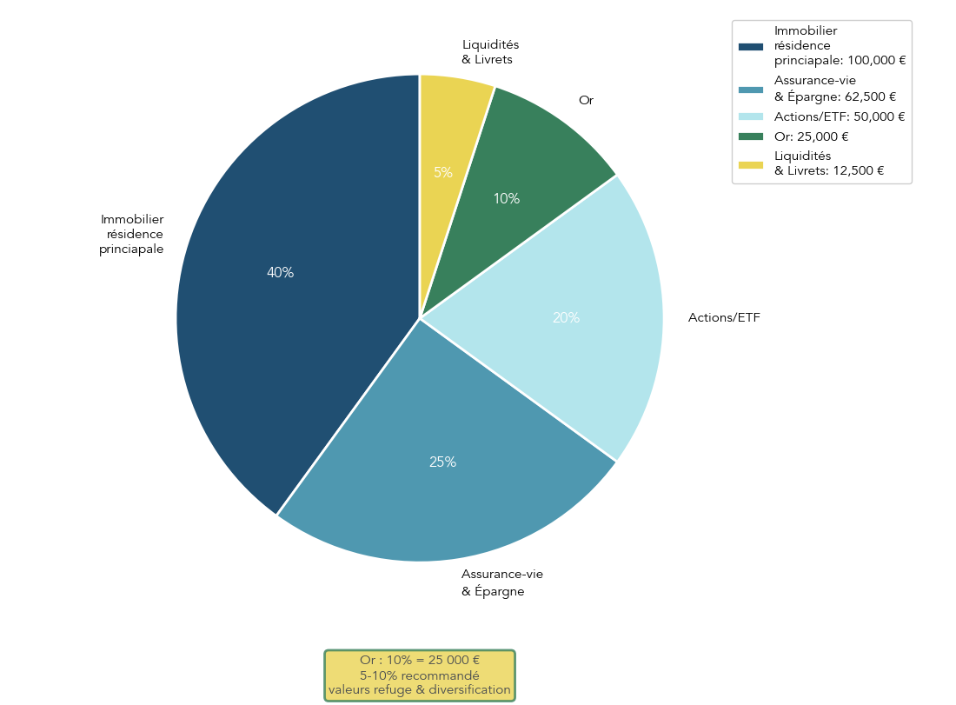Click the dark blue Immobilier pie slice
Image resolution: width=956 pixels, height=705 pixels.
pos(261,330)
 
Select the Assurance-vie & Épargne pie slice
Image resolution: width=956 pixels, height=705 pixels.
pos(435,487)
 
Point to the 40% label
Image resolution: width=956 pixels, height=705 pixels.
pos(280,273)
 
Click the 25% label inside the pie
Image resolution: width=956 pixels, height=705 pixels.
pos(442,462)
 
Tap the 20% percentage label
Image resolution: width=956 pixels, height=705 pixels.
pos(566,318)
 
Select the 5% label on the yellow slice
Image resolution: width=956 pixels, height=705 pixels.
pos(443,173)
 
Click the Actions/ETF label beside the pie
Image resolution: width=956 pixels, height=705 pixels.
pos(724,318)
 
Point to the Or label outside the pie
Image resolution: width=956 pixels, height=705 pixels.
pos(586,101)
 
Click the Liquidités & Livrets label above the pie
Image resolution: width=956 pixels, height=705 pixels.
pos(490,52)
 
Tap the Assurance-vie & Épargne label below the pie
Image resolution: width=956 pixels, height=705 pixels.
pos(501,582)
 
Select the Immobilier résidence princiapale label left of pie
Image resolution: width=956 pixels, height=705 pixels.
pos(131,235)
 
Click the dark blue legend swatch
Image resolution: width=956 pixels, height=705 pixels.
pos(750,46)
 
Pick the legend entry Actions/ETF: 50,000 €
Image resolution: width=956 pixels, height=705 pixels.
pos(840,117)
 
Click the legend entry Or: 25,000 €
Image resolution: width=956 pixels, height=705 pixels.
pos(811,136)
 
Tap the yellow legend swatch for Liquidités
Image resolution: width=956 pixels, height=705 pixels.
pos(750,164)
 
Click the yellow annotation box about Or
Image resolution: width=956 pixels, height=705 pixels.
pos(420,675)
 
